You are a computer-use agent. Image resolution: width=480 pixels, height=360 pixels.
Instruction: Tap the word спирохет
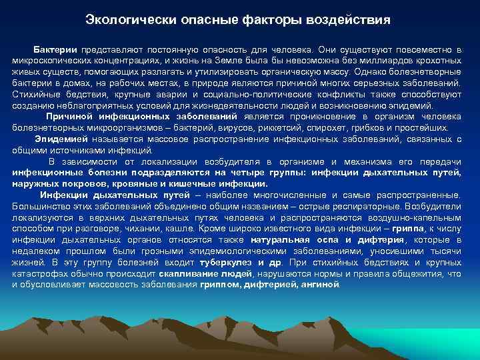(316, 127)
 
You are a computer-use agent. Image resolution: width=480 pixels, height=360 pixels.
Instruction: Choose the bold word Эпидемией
(61, 139)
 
